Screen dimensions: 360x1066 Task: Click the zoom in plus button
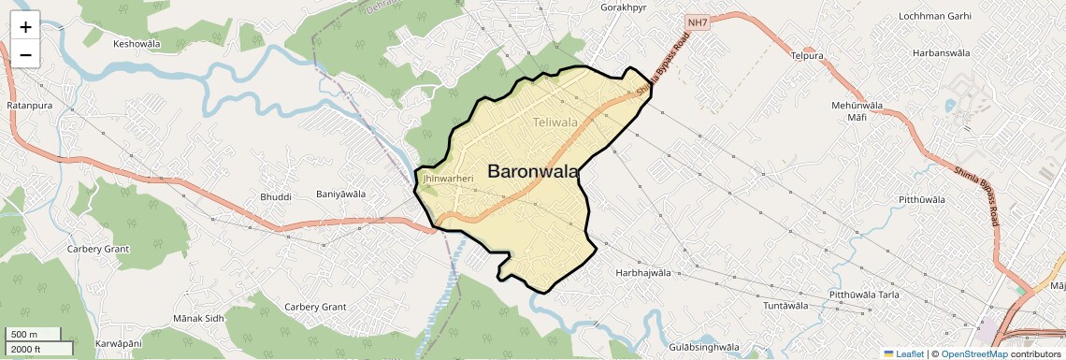click(x=25, y=27)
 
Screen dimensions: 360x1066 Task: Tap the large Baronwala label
click(x=533, y=172)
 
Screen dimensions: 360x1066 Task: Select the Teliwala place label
click(x=555, y=122)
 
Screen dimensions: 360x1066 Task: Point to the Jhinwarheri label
click(x=448, y=177)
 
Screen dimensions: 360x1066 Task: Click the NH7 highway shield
click(x=697, y=22)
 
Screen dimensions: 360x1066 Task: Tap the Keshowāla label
click(x=137, y=44)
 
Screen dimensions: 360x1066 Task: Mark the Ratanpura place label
click(x=29, y=106)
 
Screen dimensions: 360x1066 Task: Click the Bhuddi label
click(x=276, y=197)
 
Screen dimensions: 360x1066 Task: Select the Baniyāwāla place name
click(x=340, y=194)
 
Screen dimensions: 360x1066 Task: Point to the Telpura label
click(x=806, y=56)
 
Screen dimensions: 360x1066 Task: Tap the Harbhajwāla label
click(x=643, y=273)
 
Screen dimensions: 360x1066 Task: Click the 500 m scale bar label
click(x=24, y=334)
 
